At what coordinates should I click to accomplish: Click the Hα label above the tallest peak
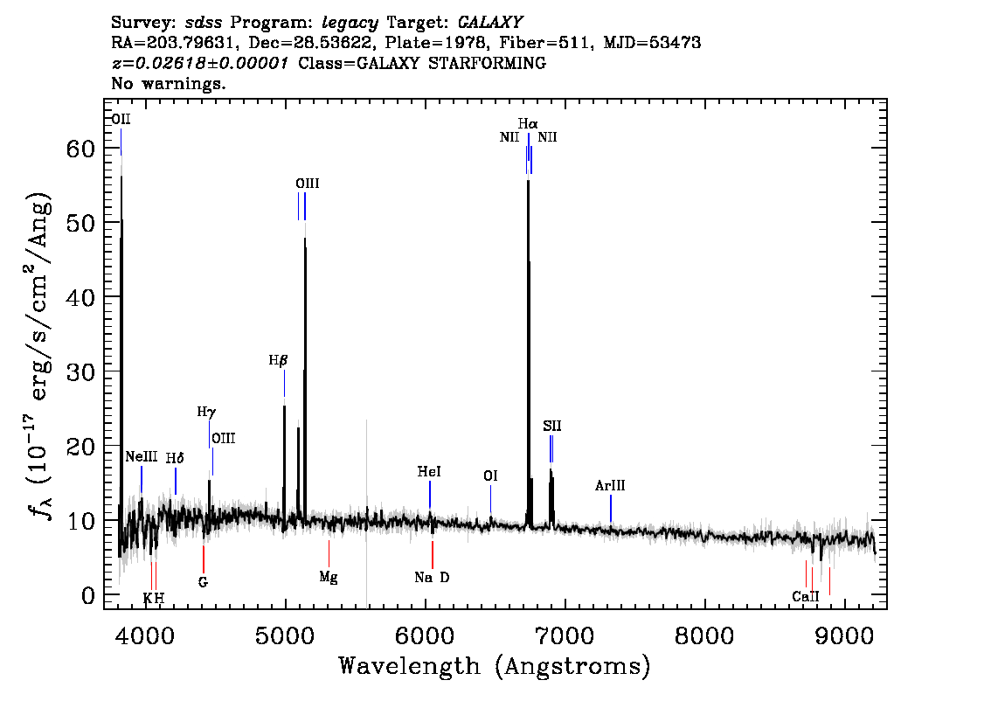coord(528,123)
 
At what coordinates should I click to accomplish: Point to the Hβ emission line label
coord(278,360)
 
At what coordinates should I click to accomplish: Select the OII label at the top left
coord(121,119)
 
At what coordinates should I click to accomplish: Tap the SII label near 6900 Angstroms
coord(551,426)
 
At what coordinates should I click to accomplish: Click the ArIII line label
coord(610,485)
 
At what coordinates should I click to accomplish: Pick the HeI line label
coord(429,472)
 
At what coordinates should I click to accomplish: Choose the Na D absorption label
coord(433,577)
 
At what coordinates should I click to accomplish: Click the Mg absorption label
coord(329,577)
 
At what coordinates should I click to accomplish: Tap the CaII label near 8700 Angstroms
coord(805,596)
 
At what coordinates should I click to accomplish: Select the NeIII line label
coord(142,456)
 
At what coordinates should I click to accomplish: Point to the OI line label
coord(490,475)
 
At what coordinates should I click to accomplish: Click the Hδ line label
coord(175,458)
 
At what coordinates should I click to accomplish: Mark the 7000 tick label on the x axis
coord(565,635)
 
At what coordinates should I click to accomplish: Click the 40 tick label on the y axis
coord(80,297)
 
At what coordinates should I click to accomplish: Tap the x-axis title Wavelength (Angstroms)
coord(495,666)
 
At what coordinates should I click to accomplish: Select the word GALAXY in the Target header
coord(490,23)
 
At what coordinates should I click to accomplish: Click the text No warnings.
coord(169,83)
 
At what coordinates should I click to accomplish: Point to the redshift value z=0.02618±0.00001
coord(200,63)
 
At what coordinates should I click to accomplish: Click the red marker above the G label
coord(203,559)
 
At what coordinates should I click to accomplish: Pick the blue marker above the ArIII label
coord(611,509)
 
